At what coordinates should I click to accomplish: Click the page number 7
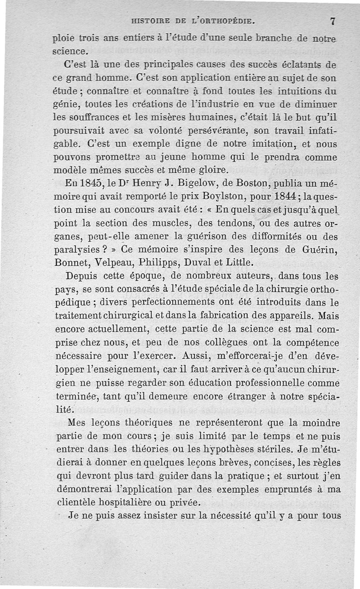[333, 20]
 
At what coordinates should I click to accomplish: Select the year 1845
[90, 184]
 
